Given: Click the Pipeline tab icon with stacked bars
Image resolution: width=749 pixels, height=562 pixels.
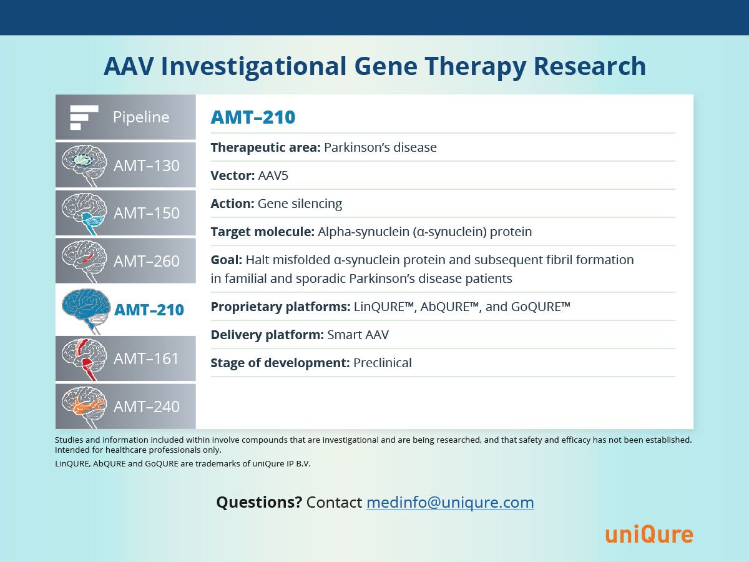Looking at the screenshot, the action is pyautogui.click(x=84, y=117).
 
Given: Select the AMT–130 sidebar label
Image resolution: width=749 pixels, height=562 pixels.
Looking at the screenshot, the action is pyautogui.click(x=147, y=166).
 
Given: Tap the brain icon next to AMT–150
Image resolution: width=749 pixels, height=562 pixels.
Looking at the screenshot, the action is pyautogui.click(x=84, y=214).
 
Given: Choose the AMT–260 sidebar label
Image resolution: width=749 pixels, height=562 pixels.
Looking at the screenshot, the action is pyautogui.click(x=147, y=262).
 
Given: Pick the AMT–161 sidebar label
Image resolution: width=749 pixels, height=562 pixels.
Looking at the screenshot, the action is pyautogui.click(x=146, y=358).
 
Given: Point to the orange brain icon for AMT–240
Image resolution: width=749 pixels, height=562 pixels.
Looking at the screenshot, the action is pyautogui.click(x=84, y=407).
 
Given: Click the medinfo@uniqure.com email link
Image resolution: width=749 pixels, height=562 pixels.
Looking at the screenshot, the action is pyautogui.click(x=450, y=502).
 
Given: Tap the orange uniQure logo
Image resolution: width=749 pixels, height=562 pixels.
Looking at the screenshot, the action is pyautogui.click(x=649, y=535).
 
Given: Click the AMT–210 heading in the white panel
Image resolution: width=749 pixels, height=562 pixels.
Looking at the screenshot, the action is pyautogui.click(x=253, y=117).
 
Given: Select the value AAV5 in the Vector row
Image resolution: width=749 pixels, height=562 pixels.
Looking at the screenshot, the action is pyautogui.click(x=273, y=175).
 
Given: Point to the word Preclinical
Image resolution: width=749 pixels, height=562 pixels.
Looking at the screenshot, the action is pyautogui.click(x=383, y=363).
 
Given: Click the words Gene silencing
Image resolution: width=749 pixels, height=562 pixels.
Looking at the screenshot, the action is pyautogui.click(x=300, y=204).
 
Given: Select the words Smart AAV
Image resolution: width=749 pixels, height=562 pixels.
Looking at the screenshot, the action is pyautogui.click(x=358, y=335).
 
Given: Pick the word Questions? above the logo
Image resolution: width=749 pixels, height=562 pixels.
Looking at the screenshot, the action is pyautogui.click(x=259, y=502).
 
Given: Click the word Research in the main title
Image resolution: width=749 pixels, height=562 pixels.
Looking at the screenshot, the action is pyautogui.click(x=590, y=66).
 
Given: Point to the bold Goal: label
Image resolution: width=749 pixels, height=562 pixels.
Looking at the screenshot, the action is pyautogui.click(x=227, y=260).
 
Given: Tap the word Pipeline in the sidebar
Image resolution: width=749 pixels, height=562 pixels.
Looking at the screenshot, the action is pyautogui.click(x=141, y=117).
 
